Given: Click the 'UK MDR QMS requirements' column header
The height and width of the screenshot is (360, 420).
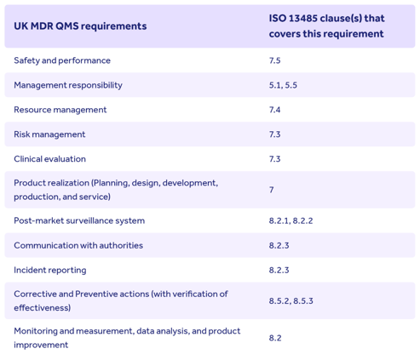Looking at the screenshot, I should coord(80,26).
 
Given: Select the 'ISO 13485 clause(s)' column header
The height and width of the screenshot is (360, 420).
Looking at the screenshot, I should coord(326,26).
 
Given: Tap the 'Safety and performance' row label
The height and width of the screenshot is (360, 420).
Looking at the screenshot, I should coord(62,60).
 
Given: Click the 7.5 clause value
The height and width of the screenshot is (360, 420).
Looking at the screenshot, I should coord(274,60).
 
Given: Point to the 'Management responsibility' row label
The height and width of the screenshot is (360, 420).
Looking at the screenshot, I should coord(68,85).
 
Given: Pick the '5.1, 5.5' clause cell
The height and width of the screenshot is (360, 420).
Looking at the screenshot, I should coord(283,85).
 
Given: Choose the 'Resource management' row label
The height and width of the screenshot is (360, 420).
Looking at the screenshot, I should coord(60,110).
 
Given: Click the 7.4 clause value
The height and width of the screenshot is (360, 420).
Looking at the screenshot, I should coord(274,110).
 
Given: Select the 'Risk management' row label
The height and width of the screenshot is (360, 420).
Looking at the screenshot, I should coord(49,134).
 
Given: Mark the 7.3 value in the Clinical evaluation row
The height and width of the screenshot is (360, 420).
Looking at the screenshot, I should coord(274,159).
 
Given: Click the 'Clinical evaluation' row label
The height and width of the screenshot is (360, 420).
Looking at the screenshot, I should coord(49,159).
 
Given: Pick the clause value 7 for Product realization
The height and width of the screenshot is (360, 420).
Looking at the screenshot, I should coord(272,190).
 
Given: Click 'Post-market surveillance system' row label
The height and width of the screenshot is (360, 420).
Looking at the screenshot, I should coord(79,220).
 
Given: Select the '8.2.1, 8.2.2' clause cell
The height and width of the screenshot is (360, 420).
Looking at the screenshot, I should coord(291,220).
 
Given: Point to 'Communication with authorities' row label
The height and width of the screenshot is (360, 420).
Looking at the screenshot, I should coord(78,245).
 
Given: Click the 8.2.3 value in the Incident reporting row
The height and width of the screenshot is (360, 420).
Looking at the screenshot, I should coord(279,270).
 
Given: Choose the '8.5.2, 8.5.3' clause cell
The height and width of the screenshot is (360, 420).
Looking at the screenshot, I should coord(291,300).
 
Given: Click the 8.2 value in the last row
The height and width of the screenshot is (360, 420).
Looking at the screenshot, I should coord(275,338).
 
